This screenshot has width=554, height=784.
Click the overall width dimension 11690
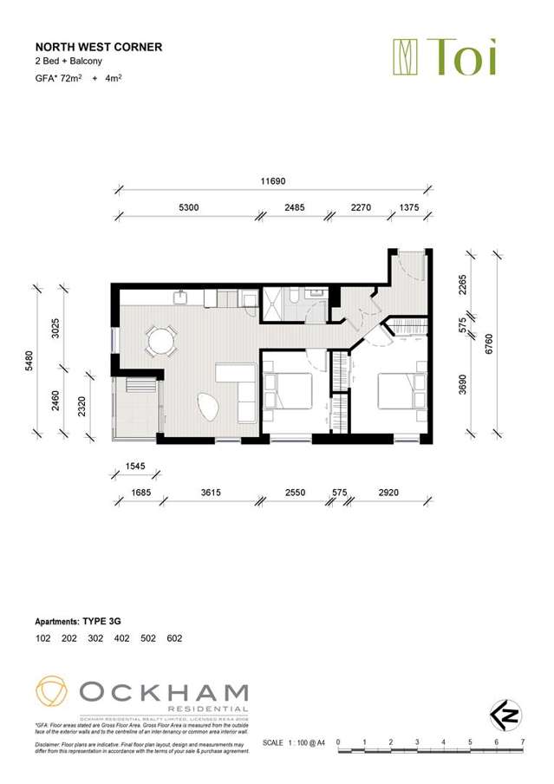pyautogui.click(x=273, y=182)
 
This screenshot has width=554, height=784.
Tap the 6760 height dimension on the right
pyautogui.click(x=489, y=344)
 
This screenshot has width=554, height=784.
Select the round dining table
pyautogui.click(x=161, y=341)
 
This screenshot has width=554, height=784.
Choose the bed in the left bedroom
pyautogui.click(x=290, y=390)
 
